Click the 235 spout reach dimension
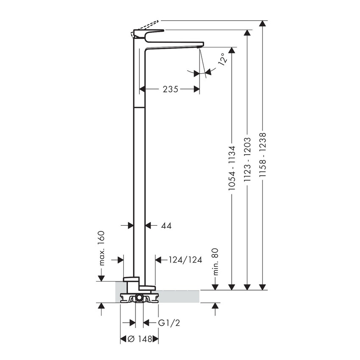click(x=169, y=89)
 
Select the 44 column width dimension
click(x=166, y=226)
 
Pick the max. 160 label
click(x=102, y=249)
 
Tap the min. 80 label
click(x=215, y=262)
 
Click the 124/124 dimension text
click(x=184, y=259)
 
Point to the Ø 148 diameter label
click(x=139, y=339)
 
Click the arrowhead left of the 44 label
click(x=130, y=226)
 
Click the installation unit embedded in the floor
click(x=139, y=297)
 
